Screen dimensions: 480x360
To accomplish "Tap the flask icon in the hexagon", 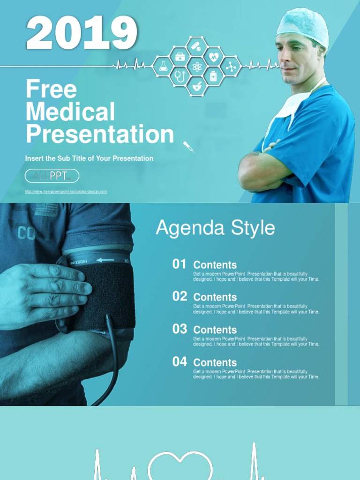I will tap(163, 67).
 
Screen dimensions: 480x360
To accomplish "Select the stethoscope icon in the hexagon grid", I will tap(180, 75).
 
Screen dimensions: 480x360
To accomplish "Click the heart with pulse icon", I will tap(214, 57).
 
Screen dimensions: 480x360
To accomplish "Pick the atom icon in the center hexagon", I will tap(197, 67).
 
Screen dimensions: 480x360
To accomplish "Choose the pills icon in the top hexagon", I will tap(197, 47).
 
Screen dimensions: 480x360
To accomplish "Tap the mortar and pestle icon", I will tap(197, 86).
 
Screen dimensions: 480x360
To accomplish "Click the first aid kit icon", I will tap(180, 57).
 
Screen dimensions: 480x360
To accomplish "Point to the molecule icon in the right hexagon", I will tap(231, 67).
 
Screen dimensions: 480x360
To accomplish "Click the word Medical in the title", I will tap(70, 112).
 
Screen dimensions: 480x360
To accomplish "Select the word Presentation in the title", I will tap(100, 134).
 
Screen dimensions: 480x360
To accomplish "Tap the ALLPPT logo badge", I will tap(52, 176).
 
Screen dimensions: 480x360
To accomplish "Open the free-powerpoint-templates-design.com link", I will tap(66, 191).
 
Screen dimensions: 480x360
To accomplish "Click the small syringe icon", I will tap(188, 146).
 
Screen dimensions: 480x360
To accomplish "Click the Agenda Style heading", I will tap(215, 228).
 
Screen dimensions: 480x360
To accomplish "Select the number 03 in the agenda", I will tap(180, 329).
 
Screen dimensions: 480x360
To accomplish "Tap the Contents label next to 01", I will tap(215, 265).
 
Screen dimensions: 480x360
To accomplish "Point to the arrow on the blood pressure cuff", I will tap(105, 260).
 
